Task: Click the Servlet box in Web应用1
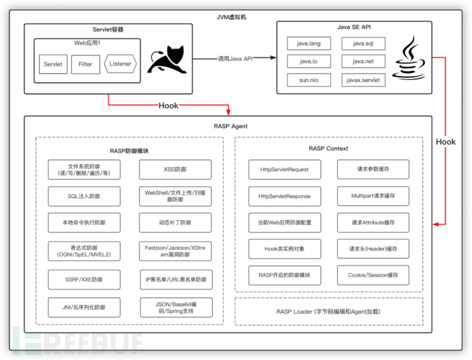[x=53, y=64]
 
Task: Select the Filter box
[x=86, y=64]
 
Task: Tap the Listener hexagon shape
[x=120, y=64]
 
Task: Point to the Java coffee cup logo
[x=409, y=58]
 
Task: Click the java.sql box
[x=363, y=43]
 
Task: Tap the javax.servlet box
[x=363, y=80]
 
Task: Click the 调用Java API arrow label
[x=235, y=59]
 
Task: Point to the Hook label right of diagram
[x=445, y=142]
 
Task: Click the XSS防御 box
[x=175, y=168]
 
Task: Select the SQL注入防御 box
[x=84, y=196]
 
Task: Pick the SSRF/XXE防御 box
[x=84, y=279]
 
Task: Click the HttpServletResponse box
[x=284, y=196]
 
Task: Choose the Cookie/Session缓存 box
[x=373, y=275]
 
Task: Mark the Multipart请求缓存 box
[x=373, y=196]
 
